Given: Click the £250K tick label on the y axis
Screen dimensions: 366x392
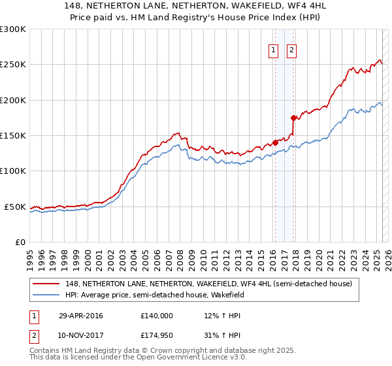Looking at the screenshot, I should [x=13, y=65].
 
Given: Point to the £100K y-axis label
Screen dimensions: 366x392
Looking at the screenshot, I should [x=13, y=171].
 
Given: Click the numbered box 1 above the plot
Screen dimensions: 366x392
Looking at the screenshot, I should [x=272, y=52].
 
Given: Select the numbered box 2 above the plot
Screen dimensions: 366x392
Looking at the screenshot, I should [x=291, y=52].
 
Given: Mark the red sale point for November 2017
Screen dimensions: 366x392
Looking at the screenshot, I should [x=293, y=118].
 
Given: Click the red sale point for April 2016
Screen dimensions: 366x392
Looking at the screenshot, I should [x=275, y=142].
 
